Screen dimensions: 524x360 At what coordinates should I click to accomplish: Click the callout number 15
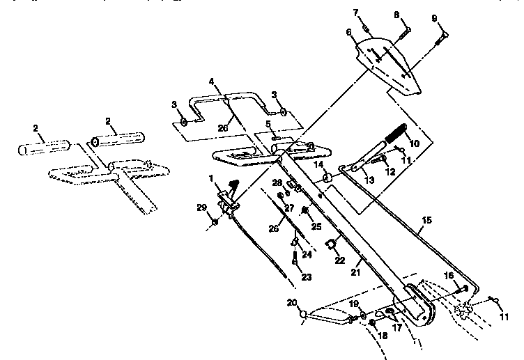pyautogui.click(x=426, y=221)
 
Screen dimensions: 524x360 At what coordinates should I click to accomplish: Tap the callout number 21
pyautogui.click(x=355, y=272)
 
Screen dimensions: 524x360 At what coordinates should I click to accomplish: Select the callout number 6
pyautogui.click(x=349, y=32)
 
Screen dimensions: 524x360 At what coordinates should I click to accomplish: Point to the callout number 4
pyautogui.click(x=212, y=81)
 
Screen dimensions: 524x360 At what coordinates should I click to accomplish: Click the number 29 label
pyautogui.click(x=201, y=208)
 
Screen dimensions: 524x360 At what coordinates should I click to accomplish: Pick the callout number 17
pyautogui.click(x=397, y=327)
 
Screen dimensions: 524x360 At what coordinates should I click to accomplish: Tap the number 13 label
pyautogui.click(x=369, y=180)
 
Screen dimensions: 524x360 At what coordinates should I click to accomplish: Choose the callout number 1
pyautogui.click(x=211, y=179)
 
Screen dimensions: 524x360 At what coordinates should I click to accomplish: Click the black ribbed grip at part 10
pyautogui.click(x=396, y=132)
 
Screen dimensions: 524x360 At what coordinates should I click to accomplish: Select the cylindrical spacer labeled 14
pyautogui.click(x=327, y=178)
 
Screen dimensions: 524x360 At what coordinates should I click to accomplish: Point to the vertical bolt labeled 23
pyautogui.click(x=295, y=258)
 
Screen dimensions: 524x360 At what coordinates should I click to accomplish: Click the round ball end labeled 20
pyautogui.click(x=303, y=314)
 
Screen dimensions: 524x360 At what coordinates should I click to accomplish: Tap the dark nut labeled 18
pyautogui.click(x=372, y=322)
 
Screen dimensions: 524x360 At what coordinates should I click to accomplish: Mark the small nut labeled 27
pyautogui.click(x=281, y=195)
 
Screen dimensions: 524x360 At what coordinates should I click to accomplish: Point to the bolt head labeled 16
pyautogui.click(x=465, y=288)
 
